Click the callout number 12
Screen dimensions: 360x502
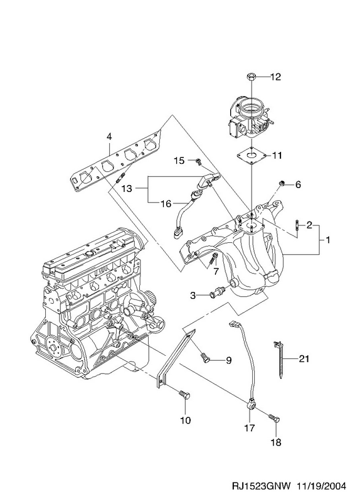pos(275,77)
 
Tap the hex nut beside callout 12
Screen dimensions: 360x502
pos(251,77)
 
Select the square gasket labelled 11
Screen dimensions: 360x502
pos(252,156)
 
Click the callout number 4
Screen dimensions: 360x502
pos(109,137)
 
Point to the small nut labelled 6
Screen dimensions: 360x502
pos(282,183)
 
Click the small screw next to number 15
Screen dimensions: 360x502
pos(198,161)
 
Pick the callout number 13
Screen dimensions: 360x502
pos(127,189)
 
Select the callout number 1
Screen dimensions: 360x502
pos(327,240)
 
